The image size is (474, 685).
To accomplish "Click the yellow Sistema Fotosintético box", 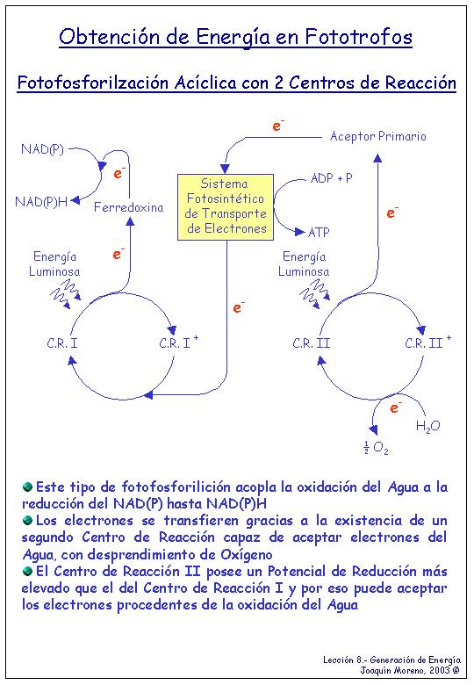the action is (226, 207).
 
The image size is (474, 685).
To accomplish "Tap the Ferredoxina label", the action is (129, 207).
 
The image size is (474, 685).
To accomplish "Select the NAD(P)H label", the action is (41, 201).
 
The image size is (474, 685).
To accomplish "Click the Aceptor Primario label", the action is (378, 136).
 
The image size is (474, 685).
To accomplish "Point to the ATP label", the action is (319, 233).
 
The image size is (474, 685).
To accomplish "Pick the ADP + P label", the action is (331, 177).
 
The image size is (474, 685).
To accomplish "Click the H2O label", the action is (427, 426).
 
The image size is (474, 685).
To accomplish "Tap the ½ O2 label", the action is (376, 448).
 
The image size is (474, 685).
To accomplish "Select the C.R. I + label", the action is (178, 342).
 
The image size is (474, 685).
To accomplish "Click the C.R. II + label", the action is (427, 342).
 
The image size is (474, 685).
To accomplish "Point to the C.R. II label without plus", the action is (312, 343).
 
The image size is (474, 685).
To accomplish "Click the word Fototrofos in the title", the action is (358, 37).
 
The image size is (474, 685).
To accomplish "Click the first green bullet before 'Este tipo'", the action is (27, 487).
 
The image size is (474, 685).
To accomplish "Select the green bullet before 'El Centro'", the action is (27, 571).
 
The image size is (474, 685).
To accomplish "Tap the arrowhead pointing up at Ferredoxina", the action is (130, 221).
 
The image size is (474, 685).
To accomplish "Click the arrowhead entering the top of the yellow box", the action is (225, 169).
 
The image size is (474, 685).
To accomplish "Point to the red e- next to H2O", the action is (395, 407).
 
